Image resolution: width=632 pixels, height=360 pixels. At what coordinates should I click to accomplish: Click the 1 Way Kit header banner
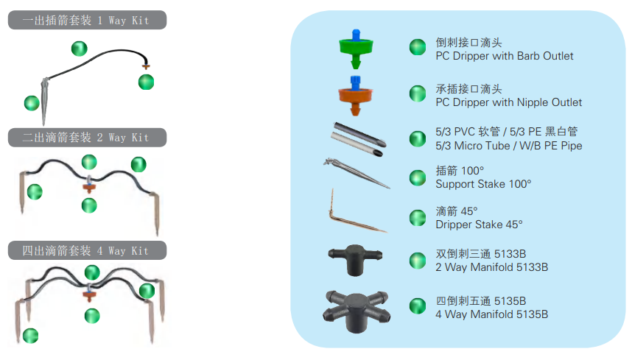pos(87,20)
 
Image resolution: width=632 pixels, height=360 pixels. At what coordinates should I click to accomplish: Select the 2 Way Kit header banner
pos(87,138)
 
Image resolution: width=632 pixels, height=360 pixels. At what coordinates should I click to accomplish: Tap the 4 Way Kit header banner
pos(87,250)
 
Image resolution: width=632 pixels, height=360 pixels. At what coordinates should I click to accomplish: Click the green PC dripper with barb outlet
pos(356,49)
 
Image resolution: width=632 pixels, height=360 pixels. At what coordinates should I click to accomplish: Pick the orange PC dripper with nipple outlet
pos(355,96)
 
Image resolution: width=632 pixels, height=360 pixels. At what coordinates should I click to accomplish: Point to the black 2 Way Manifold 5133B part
pos(355,260)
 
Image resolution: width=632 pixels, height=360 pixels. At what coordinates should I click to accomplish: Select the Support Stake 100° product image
pos(357,173)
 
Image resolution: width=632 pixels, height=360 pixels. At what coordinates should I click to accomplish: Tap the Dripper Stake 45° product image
pos(357,211)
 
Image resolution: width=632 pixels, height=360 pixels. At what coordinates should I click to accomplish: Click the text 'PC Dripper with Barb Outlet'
pos(505,56)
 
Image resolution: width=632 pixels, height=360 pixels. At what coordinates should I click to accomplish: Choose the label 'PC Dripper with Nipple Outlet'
pos(509,102)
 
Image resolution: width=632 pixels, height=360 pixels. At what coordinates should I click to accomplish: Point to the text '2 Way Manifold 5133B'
pos(492,267)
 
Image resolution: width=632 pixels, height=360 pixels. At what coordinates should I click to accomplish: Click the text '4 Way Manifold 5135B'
pos(492,314)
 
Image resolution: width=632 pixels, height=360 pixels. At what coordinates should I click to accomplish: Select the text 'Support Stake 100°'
pos(483,184)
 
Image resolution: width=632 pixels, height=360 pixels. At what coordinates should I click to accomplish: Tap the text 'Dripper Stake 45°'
pos(479,225)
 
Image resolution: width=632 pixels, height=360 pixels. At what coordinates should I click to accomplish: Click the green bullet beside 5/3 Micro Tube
pos(418,139)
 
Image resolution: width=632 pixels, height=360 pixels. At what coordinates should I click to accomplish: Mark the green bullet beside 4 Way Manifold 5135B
pos(418,306)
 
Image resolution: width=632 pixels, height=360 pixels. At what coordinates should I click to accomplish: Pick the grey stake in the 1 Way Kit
pos(44,101)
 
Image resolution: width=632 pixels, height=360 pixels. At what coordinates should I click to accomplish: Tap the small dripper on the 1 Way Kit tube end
pos(146,66)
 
